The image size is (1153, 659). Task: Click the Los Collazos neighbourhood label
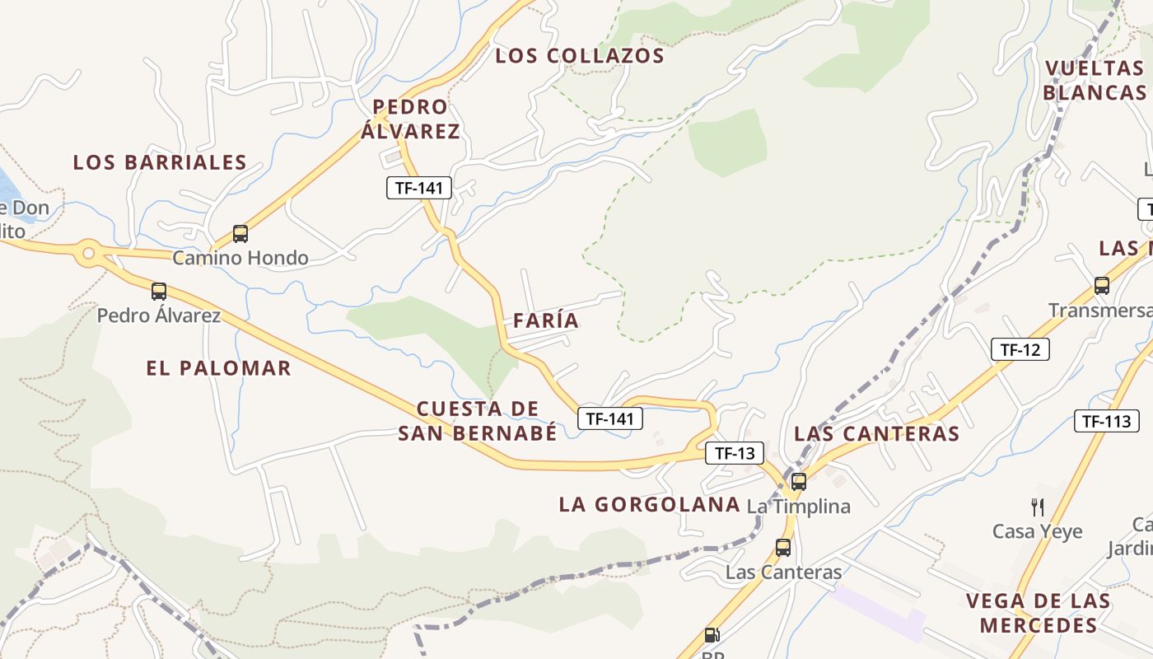tap(579, 56)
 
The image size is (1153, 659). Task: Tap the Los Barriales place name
tap(160, 162)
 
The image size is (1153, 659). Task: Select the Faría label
tap(546, 320)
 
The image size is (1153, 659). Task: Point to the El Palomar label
tap(218, 368)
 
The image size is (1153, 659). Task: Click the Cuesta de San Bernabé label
tap(478, 421)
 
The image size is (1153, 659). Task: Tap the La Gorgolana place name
tap(649, 505)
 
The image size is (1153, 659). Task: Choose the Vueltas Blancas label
tap(1095, 80)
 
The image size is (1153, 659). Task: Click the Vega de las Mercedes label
tap(1038, 613)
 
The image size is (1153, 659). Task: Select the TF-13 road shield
tap(735, 453)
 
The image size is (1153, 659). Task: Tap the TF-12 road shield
tap(1020, 349)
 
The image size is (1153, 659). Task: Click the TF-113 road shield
tap(1106, 422)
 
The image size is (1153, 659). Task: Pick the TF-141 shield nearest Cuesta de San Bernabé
tap(609, 418)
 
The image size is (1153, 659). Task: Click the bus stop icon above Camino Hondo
tap(240, 234)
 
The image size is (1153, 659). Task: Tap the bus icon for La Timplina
tap(798, 482)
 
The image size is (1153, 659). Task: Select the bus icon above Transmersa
tap(1102, 286)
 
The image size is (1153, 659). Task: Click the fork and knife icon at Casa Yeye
tap(1038, 507)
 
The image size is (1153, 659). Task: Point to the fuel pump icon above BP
tap(712, 635)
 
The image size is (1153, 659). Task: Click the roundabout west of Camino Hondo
tap(89, 254)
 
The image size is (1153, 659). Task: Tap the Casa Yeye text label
tap(1037, 531)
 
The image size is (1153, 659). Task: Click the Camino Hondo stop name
tap(240, 258)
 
